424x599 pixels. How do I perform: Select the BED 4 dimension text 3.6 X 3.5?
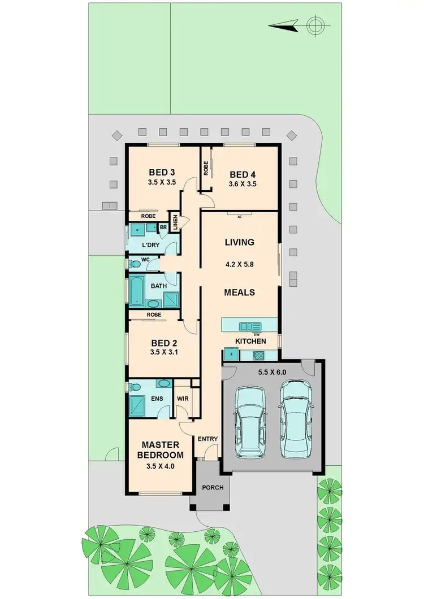point(243,183)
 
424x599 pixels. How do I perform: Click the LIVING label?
point(240,242)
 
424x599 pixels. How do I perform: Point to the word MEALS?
point(240,292)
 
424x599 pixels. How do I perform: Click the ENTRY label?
point(207,439)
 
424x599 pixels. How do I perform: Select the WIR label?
point(182,399)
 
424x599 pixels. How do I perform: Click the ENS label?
point(158,399)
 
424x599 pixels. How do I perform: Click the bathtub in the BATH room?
point(137,290)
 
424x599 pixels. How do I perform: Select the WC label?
point(145,260)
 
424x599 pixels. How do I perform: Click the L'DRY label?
point(150,246)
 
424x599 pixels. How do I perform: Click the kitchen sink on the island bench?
point(249,326)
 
